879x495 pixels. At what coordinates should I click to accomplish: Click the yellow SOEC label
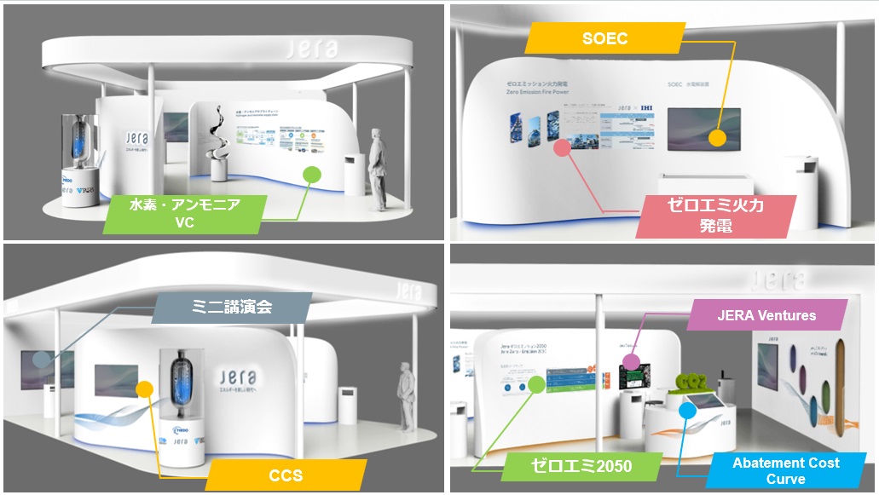606,38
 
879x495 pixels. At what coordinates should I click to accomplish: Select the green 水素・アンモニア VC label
184,214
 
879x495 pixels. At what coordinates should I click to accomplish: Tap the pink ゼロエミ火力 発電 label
716,216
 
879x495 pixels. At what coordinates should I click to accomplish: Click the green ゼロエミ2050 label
580,467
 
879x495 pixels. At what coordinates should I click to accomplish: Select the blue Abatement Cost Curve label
785,471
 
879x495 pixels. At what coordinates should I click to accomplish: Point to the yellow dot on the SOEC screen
717,138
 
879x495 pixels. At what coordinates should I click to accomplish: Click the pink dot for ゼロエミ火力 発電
561,147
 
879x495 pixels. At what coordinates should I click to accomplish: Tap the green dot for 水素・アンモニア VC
312,175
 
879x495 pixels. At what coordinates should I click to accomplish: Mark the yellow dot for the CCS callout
145,390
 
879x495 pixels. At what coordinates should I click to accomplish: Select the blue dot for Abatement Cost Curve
686,411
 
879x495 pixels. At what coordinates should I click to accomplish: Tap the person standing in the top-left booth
376,166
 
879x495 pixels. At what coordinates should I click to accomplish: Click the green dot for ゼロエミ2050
536,384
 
